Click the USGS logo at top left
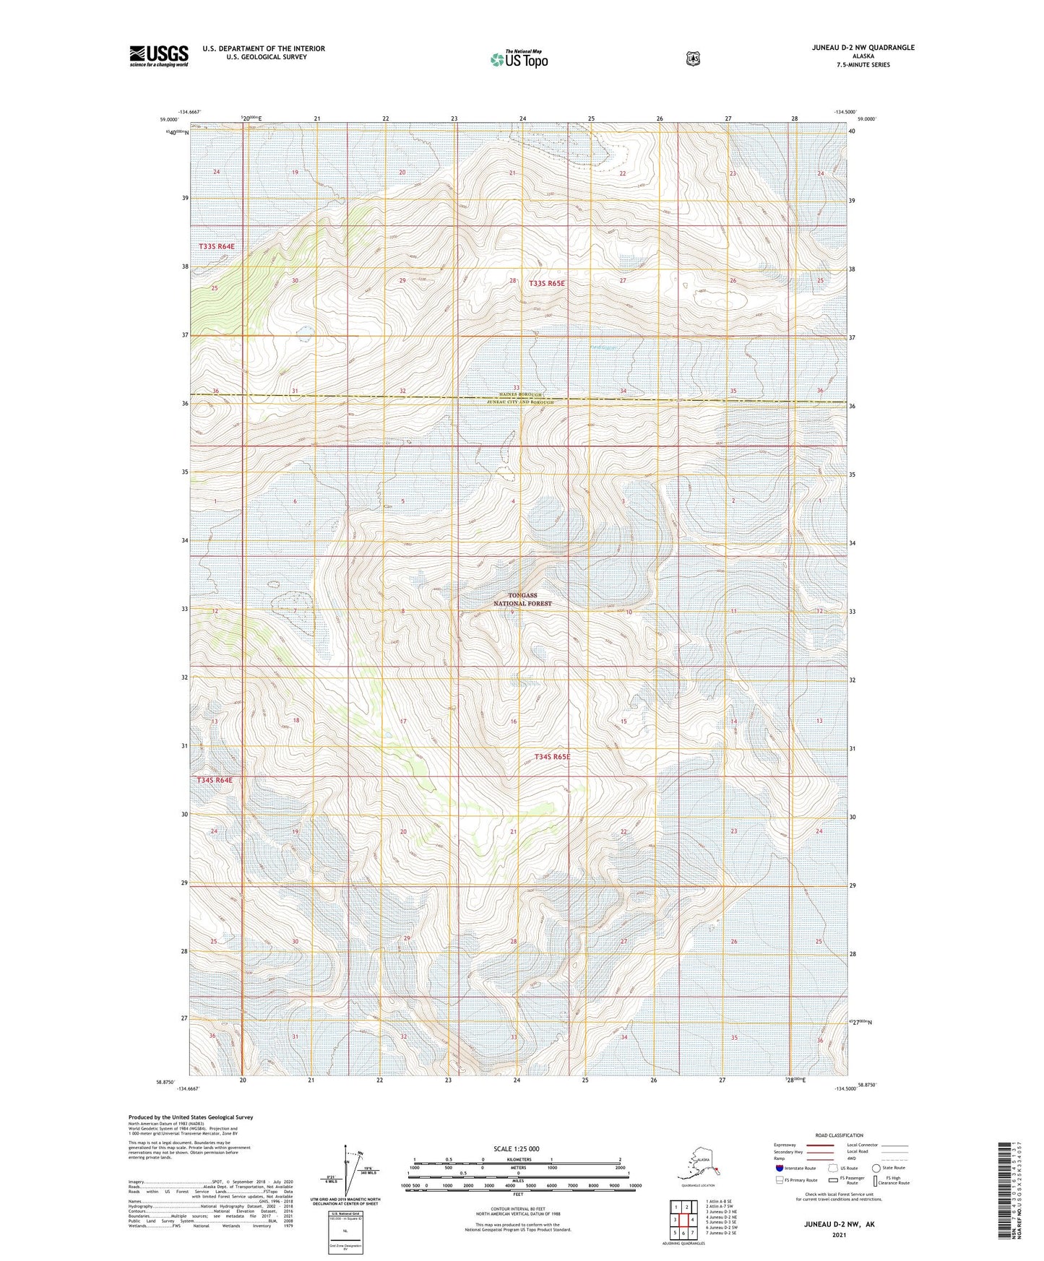coord(159,55)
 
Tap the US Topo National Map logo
coord(518,59)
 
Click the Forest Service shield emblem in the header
coord(693,58)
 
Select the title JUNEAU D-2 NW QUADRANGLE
coord(853,48)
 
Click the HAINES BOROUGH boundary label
coord(519,395)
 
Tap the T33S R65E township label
coord(547,284)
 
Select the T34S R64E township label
coord(215,780)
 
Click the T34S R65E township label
coord(552,757)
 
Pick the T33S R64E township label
coord(217,246)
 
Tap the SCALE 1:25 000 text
coord(517,1148)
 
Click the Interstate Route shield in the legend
coord(780,1168)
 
